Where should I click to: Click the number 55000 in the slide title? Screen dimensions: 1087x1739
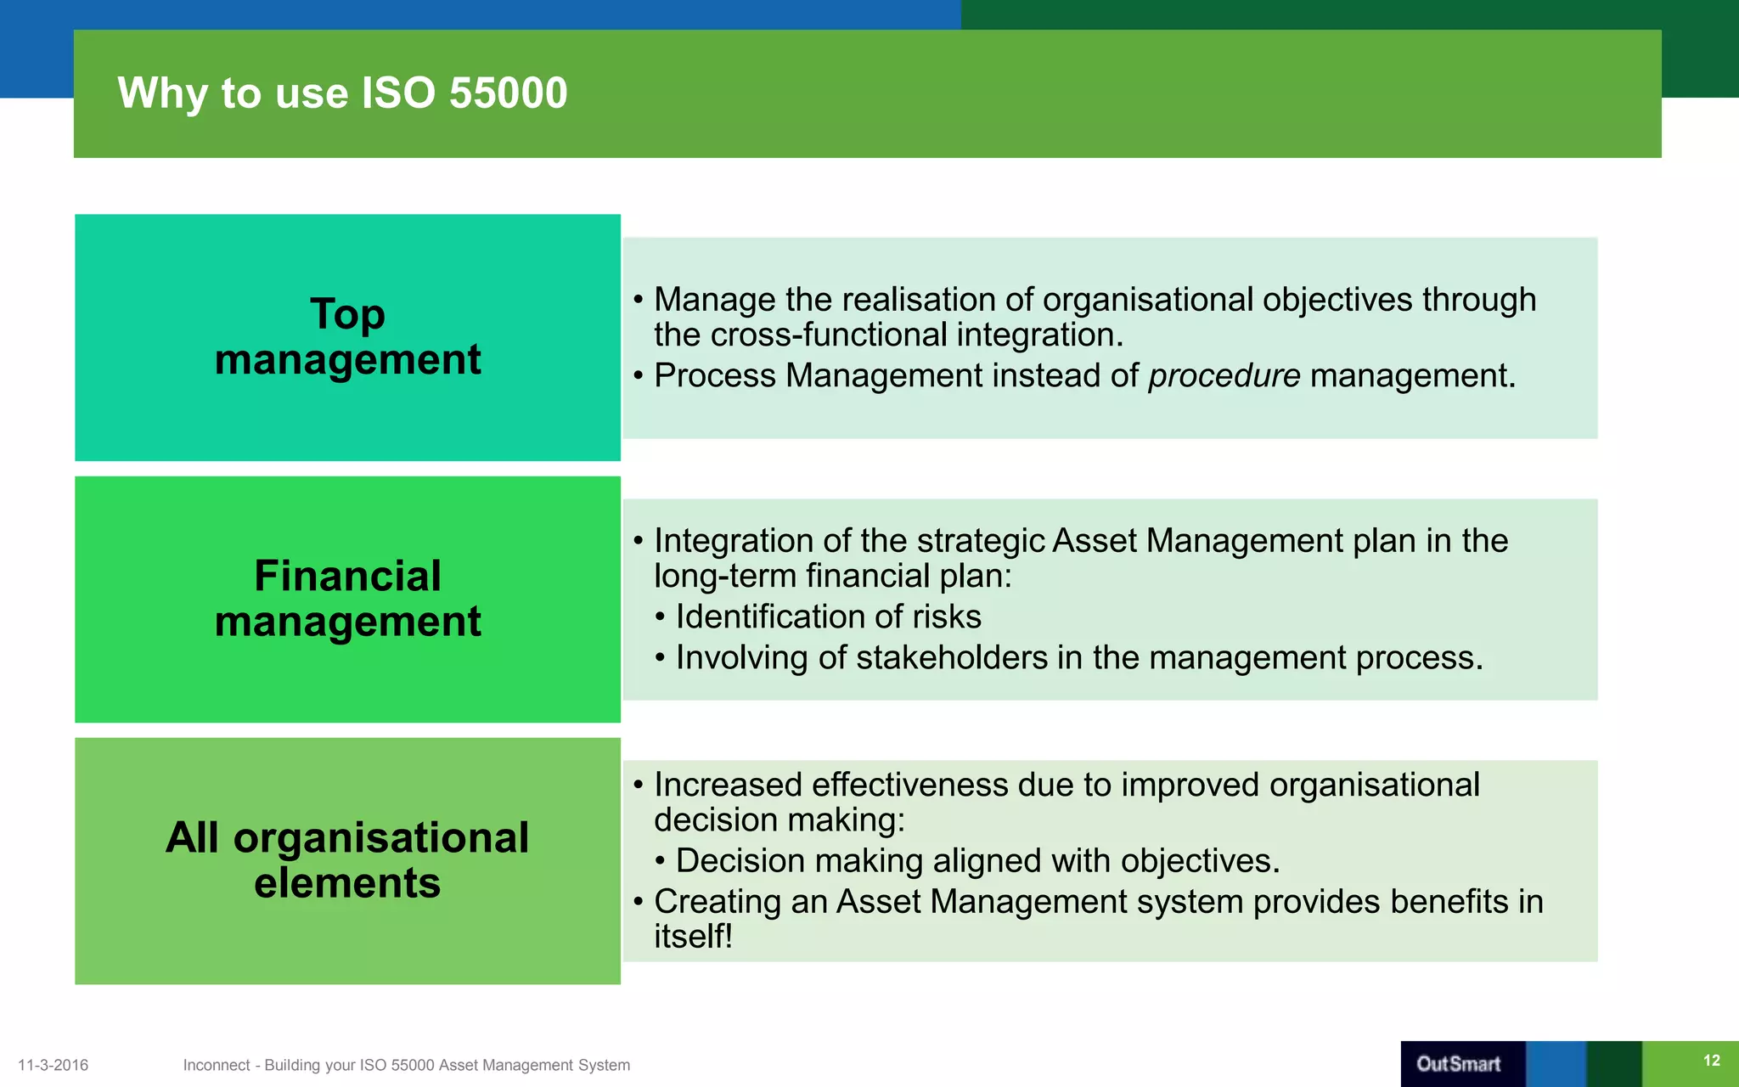point(508,93)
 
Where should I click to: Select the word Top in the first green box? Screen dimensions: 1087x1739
point(347,314)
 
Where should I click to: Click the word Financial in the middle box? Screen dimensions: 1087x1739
point(347,576)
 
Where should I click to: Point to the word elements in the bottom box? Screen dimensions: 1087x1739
point(347,883)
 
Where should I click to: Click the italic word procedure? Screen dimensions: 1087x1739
point(1224,375)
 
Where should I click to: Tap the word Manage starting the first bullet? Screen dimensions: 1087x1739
point(715,300)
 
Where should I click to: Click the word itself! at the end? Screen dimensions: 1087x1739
point(693,937)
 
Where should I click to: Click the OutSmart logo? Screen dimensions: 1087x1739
point(1458,1063)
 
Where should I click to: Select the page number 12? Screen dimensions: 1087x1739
point(1711,1060)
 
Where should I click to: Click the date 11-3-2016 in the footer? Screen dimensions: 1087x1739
point(53,1065)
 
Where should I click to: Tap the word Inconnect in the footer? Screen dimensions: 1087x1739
point(217,1065)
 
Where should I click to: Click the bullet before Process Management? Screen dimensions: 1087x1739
point(638,376)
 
